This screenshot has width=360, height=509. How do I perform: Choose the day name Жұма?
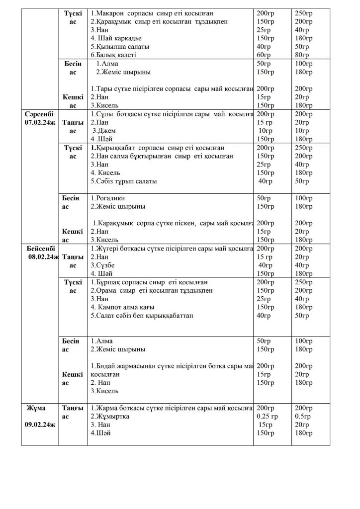37,408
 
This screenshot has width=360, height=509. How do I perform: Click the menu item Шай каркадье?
116,38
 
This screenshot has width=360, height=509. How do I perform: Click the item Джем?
103,131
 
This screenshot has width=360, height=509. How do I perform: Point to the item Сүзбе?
102,265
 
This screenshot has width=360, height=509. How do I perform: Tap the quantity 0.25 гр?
268,417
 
